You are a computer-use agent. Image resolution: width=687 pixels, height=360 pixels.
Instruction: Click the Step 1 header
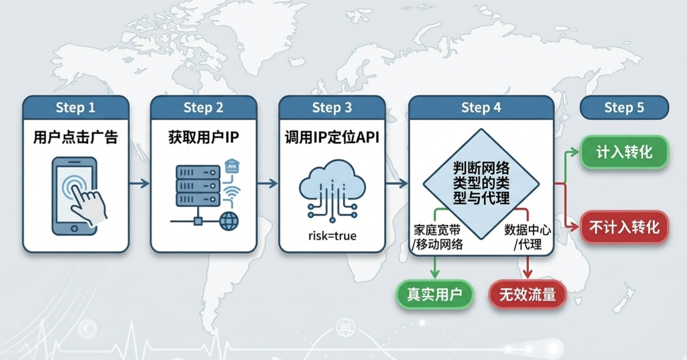pos(76,107)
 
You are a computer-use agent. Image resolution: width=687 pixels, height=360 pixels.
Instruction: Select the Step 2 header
pos(203,107)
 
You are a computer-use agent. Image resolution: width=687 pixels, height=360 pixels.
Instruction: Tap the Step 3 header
pos(332,107)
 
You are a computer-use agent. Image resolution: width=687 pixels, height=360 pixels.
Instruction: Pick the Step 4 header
pos(481,107)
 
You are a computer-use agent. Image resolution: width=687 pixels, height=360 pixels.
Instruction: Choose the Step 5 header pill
pos(624,107)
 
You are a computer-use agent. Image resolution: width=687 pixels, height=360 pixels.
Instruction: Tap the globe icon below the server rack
pos(229,221)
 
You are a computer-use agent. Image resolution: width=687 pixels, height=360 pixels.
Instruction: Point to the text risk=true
pos(332,236)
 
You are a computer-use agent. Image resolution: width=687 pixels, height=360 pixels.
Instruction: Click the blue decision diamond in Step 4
pos(481,182)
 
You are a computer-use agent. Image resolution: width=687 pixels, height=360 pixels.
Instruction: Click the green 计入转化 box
pos(624,152)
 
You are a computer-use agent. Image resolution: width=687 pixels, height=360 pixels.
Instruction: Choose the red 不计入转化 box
pos(624,227)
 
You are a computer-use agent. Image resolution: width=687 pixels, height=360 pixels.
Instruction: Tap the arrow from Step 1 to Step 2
pos(140,183)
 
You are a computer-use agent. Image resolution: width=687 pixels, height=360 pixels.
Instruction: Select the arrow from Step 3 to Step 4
pos(397,183)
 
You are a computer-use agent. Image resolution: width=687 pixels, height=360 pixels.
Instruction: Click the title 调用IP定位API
pos(332,137)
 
